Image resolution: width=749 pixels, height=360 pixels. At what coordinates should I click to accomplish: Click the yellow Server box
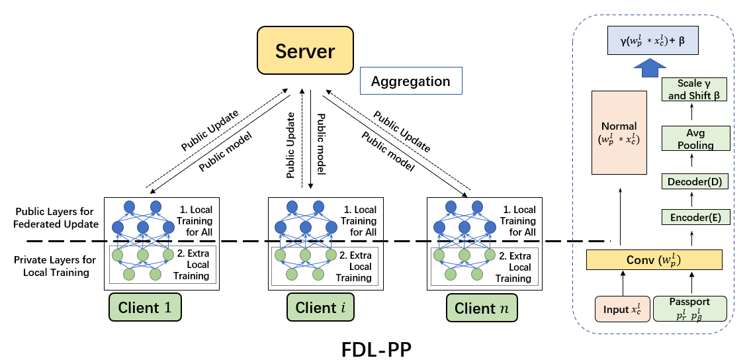(x=305, y=52)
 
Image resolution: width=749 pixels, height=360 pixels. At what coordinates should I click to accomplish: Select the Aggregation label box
(x=410, y=81)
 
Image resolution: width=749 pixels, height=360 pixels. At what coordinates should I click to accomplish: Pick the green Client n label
(x=481, y=308)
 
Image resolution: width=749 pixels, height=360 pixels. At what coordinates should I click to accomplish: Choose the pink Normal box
(x=619, y=132)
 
